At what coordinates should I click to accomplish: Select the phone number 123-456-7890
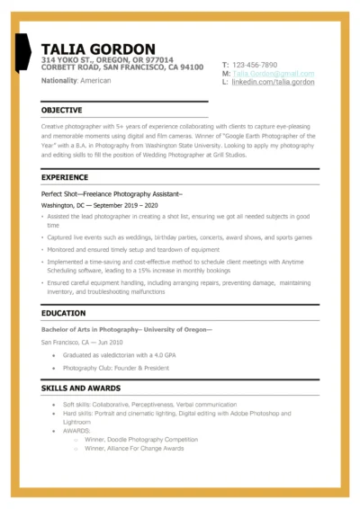pos(255,66)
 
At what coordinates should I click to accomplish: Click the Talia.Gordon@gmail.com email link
pos(274,74)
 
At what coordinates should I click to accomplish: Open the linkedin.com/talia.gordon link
pos(274,82)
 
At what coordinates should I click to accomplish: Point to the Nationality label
pos(58,81)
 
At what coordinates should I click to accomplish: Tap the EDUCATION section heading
pos(64,314)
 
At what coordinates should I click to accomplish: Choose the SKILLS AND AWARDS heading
pos(81,388)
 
